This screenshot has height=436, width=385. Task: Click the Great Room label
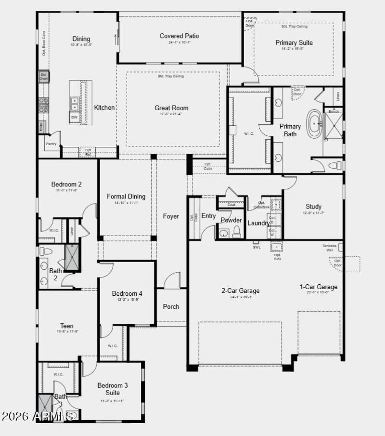pos(171,108)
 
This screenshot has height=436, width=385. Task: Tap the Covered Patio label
pos(179,36)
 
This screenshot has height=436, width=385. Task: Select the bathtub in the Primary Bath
pos(316,124)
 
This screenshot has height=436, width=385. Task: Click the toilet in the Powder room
pos(236,233)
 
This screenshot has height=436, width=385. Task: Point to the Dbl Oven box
pos(43,77)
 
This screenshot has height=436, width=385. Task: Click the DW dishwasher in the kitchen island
pos(74,117)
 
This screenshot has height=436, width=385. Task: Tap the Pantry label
pos(51,144)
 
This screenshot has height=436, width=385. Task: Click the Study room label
pos(313,207)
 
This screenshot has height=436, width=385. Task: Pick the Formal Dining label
pos(126,197)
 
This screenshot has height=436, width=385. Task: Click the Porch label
pos(171,306)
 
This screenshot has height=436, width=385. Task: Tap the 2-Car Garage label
pos(240,291)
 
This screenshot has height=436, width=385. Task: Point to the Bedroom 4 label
pos(127,293)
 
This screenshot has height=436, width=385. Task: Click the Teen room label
pos(67,326)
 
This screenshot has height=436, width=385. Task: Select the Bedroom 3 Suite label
pos(113,389)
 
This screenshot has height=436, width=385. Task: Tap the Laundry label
pos(258,223)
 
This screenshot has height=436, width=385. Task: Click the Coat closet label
pos(231,204)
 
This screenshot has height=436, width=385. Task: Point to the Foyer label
pos(171,216)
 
